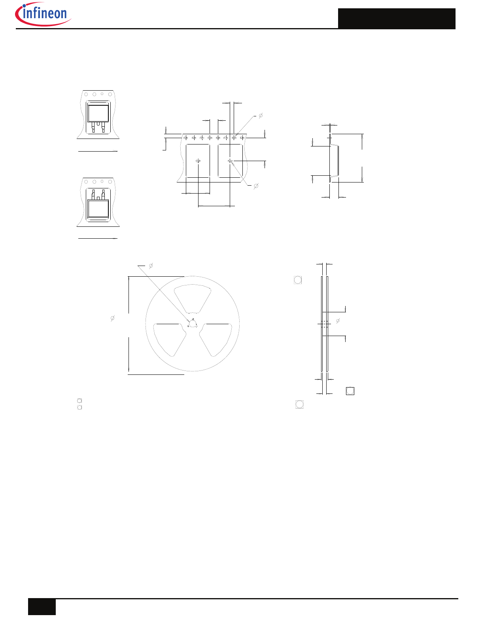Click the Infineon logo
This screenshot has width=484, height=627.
[43, 14]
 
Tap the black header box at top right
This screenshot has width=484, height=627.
[396, 19]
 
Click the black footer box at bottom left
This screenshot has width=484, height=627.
[42, 607]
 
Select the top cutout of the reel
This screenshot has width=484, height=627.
[192, 298]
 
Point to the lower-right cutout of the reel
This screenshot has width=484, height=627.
[216, 340]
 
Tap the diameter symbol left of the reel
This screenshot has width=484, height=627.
[113, 318]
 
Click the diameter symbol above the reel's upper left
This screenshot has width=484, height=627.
[151, 266]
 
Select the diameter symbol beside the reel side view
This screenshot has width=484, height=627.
[338, 321]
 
